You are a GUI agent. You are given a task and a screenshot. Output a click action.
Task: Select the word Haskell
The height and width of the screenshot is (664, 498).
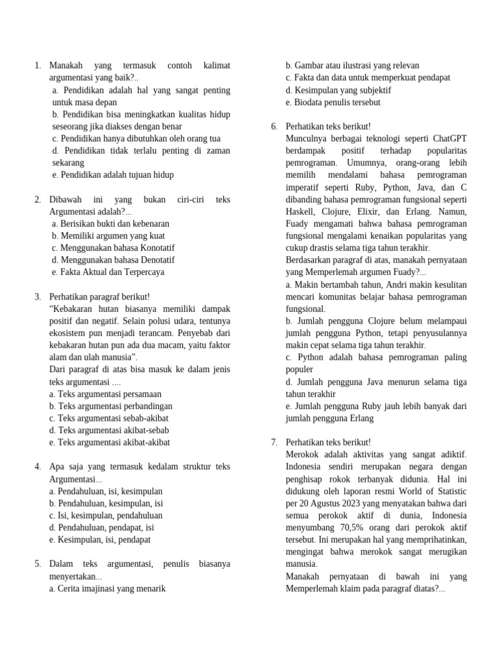point(300,211)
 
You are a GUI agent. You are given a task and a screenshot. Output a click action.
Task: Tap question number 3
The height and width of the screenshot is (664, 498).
point(38,296)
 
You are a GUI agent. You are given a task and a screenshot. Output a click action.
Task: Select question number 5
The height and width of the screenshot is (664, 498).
point(38,564)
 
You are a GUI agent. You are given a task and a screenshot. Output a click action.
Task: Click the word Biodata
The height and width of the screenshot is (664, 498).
point(310,102)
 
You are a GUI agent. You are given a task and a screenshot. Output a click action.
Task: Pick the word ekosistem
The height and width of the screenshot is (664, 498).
point(69,333)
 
